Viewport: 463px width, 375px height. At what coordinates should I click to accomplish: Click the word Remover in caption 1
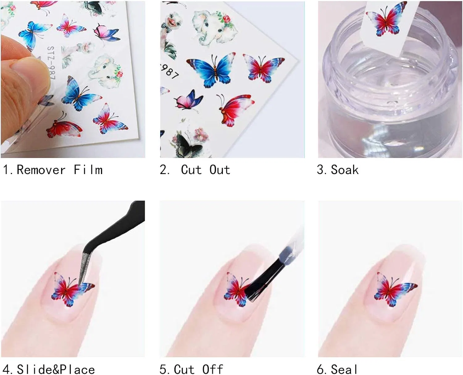41,170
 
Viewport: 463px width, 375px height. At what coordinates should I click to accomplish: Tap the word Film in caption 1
88,170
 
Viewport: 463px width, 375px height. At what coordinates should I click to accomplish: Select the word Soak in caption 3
344,170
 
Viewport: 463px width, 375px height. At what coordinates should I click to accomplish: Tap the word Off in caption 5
212,369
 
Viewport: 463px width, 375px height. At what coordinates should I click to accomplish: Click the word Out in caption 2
219,170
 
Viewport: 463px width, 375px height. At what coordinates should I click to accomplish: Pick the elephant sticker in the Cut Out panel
214,27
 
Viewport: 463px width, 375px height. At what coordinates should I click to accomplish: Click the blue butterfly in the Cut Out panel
211,70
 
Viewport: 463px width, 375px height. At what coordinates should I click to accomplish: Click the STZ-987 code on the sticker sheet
52,63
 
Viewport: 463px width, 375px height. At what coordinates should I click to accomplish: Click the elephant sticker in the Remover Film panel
106,71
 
